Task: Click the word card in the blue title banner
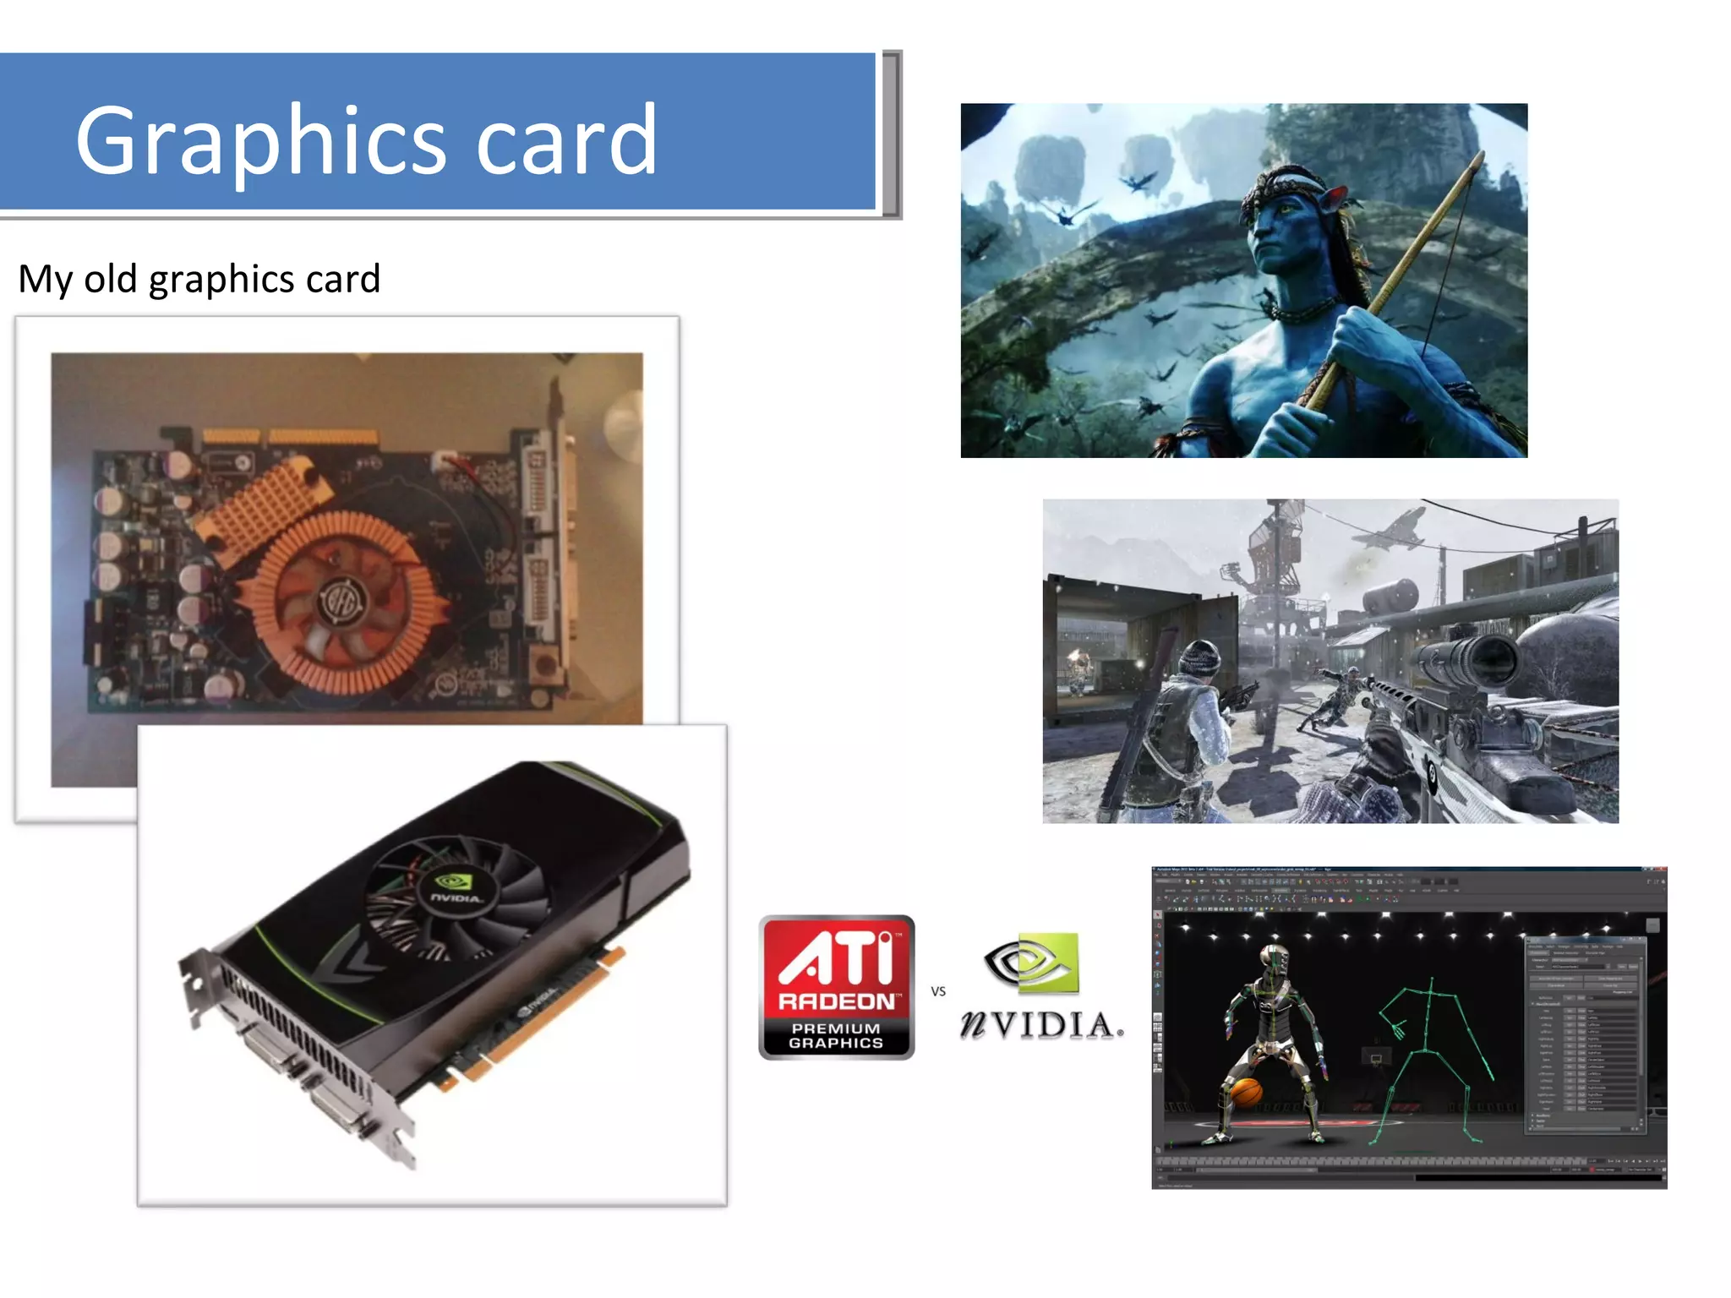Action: [566, 140]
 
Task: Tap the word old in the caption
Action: [110, 279]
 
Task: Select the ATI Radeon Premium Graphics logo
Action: [836, 987]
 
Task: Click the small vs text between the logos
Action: [938, 991]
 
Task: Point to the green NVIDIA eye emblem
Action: [1033, 963]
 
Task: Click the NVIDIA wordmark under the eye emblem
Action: [1041, 1025]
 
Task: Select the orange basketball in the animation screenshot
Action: [1246, 1092]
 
